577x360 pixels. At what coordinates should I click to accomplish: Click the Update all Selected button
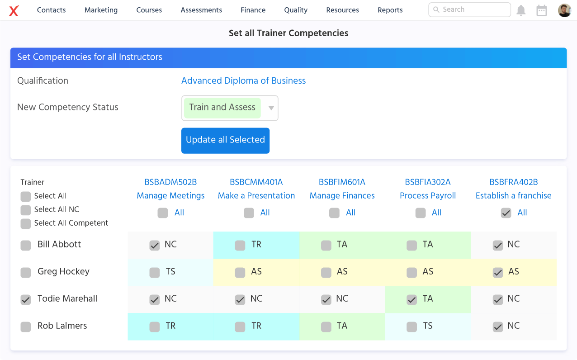pos(225,140)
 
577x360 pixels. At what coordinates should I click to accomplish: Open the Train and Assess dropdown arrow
pos(271,108)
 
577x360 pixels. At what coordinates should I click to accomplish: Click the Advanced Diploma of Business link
pos(243,81)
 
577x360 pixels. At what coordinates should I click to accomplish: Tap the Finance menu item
pos(253,10)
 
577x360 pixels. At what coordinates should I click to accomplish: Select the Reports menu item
pos(390,10)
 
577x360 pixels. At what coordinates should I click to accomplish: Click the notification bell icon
pos(521,10)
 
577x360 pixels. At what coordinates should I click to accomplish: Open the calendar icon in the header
pos(541,10)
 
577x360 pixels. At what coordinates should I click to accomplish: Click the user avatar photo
pos(564,10)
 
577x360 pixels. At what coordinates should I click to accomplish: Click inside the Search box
pos(470,9)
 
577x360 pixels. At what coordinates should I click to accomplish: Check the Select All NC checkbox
pos(26,210)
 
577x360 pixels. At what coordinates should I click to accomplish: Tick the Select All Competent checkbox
pos(26,223)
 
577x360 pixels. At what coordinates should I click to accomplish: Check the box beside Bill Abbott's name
pos(26,245)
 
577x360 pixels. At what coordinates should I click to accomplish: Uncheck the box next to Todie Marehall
pos(26,299)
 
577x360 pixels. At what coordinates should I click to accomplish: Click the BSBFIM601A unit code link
pos(342,182)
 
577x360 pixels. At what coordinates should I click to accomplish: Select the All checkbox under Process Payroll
pos(421,213)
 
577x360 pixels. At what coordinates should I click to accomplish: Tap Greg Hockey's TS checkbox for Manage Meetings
pos(155,272)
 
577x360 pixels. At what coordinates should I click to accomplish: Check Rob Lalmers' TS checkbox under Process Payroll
pos(411,327)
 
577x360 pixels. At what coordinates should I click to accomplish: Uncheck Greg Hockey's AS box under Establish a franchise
pos(498,272)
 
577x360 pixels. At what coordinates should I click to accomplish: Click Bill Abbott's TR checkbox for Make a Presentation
pos(240,245)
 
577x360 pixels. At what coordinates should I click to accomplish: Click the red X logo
pos(14,10)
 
